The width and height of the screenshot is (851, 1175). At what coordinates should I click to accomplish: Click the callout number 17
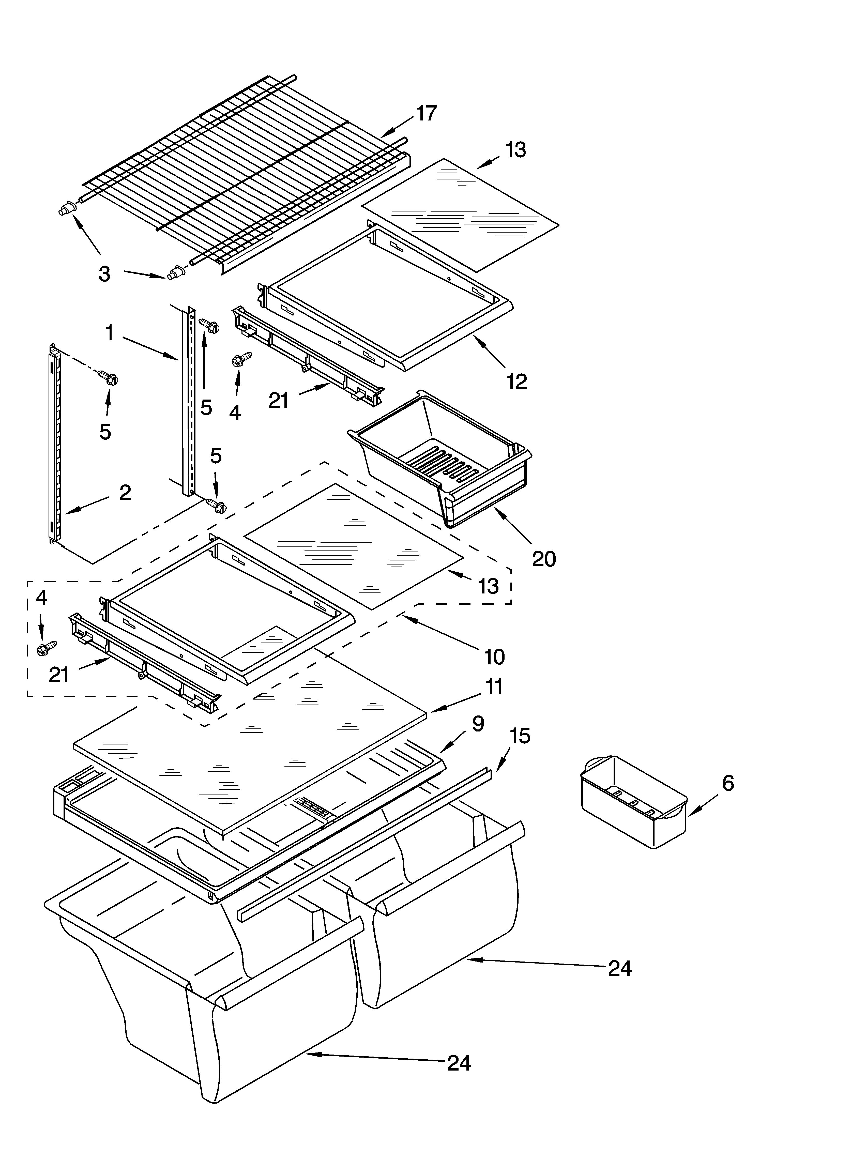[x=427, y=113]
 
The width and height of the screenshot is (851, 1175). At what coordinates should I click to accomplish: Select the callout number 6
[x=728, y=783]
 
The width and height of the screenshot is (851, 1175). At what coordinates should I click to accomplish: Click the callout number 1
[x=109, y=333]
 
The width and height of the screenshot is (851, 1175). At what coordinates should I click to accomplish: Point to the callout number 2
[x=125, y=493]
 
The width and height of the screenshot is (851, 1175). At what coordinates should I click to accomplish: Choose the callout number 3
[x=105, y=273]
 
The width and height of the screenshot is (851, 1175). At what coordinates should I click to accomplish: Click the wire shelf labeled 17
[x=244, y=171]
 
